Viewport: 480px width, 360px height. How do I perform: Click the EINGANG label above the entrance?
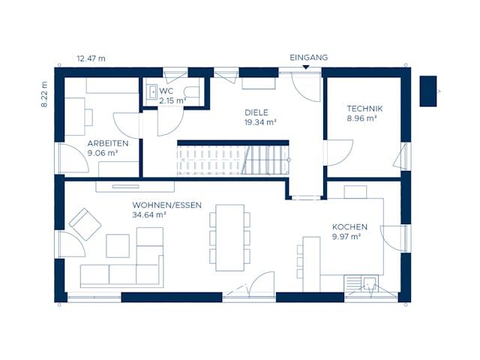pos(308,58)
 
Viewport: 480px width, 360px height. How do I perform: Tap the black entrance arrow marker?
pos(306,67)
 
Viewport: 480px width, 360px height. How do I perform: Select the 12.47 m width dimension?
pos(91,58)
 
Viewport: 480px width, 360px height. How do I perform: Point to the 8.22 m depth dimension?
pos(44,94)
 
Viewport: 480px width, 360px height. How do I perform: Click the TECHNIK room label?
pos(364,109)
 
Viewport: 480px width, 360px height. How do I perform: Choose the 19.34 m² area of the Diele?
pos(260,122)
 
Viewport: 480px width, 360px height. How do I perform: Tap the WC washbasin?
pos(151,91)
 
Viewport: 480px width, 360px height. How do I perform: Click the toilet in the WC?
pos(192,91)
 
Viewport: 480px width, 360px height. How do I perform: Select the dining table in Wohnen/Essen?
pos(230,238)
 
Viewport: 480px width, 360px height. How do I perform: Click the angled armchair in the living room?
pos(85,224)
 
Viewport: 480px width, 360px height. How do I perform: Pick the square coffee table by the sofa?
pos(118,246)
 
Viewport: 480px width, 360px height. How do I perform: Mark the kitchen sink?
pos(370,283)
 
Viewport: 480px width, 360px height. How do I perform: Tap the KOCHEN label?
pos(349,227)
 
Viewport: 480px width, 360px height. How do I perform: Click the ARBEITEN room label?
pos(108,143)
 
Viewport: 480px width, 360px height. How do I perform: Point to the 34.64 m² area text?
pos(149,215)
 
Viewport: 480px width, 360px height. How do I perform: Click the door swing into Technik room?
pos(340,153)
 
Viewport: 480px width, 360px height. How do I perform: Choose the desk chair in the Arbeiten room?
pos(88,117)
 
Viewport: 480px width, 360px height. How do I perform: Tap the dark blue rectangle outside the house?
pos(428,91)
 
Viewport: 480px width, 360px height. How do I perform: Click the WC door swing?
pos(170,121)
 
